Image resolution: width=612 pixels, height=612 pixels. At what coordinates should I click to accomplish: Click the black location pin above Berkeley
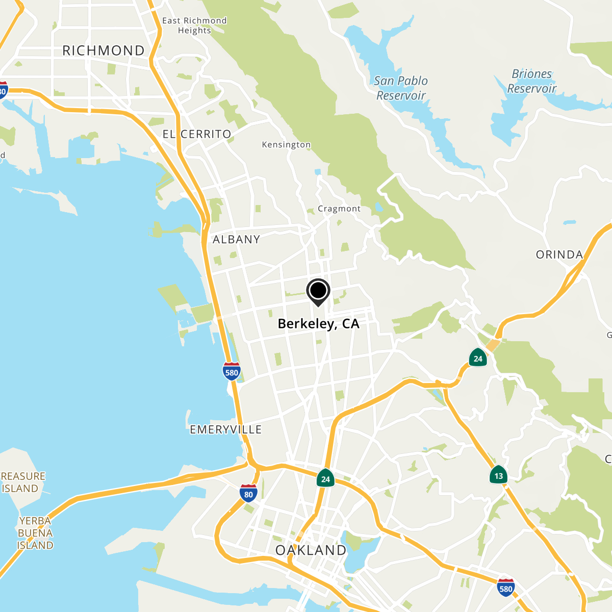tap(318, 292)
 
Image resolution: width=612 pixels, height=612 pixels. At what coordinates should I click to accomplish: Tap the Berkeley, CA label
tap(318, 324)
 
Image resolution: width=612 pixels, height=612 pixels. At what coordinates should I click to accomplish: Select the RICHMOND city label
tap(104, 50)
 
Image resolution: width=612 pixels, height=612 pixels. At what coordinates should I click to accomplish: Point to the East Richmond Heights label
tap(194, 25)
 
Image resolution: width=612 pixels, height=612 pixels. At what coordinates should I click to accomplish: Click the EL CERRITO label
tap(197, 134)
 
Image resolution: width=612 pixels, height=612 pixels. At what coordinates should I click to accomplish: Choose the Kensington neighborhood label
tap(286, 145)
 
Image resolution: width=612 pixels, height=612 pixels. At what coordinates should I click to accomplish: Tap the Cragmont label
tap(339, 209)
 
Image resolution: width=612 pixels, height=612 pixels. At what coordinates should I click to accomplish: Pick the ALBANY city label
tap(236, 239)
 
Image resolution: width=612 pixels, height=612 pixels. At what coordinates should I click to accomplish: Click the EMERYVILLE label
tap(225, 429)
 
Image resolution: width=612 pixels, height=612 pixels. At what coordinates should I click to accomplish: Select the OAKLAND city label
tap(311, 550)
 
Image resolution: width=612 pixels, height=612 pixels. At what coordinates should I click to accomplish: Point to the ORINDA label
tap(559, 254)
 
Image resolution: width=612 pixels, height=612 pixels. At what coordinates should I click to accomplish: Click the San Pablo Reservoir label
tap(401, 88)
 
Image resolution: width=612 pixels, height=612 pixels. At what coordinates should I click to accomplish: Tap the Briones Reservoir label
tap(532, 81)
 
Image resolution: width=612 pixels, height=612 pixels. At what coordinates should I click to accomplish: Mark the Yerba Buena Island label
tap(35, 533)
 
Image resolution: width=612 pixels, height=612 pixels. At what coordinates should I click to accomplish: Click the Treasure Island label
tap(22, 482)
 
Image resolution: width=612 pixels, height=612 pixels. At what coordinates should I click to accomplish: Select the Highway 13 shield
tap(498, 475)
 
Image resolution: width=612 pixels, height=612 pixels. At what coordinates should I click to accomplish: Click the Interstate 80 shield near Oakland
tap(248, 493)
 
